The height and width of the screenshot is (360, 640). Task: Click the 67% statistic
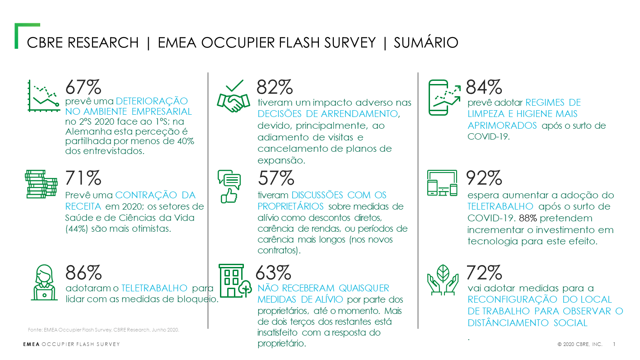83,87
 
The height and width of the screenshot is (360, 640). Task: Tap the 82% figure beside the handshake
275,87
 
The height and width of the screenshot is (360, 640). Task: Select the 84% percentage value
484,87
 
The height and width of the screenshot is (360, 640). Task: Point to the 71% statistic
83,178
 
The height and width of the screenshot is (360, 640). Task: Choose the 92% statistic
484,178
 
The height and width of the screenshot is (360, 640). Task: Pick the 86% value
84,273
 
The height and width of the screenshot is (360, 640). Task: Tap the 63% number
273,273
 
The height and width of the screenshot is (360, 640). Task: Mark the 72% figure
484,273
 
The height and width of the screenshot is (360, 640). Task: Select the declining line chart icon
43,96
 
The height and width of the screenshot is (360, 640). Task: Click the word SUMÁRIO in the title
426,42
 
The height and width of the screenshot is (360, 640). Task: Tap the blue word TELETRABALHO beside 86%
154,288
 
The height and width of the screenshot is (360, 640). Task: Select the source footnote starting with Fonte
104,329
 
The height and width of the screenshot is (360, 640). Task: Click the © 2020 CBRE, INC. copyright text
580,344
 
